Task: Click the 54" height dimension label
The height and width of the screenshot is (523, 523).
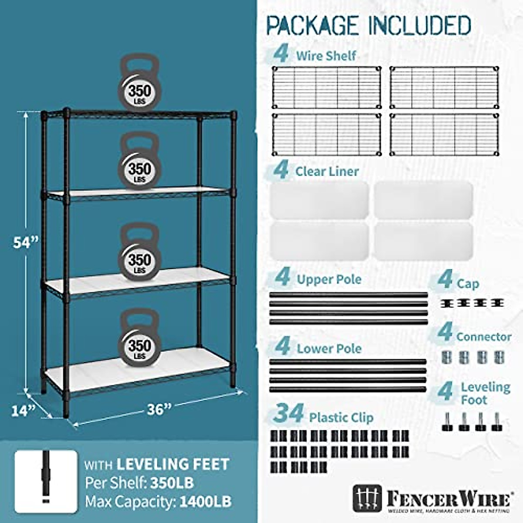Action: click(x=26, y=242)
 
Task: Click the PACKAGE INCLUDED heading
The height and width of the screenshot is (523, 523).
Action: click(x=369, y=25)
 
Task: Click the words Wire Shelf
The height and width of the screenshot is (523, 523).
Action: click(x=326, y=56)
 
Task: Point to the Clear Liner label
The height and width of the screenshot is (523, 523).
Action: click(x=327, y=171)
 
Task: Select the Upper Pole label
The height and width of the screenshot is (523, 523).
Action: click(x=329, y=279)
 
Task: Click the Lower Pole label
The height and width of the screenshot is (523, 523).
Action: click(x=329, y=349)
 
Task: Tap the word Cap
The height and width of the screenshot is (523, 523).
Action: click(x=468, y=284)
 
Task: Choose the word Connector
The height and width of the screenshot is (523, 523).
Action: click(x=484, y=337)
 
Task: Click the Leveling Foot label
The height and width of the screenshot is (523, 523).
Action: click(x=485, y=393)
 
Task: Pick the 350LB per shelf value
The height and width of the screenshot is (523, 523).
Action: click(x=172, y=483)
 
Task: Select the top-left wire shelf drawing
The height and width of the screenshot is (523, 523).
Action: click(x=326, y=87)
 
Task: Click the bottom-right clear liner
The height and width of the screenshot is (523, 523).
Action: click(x=423, y=241)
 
